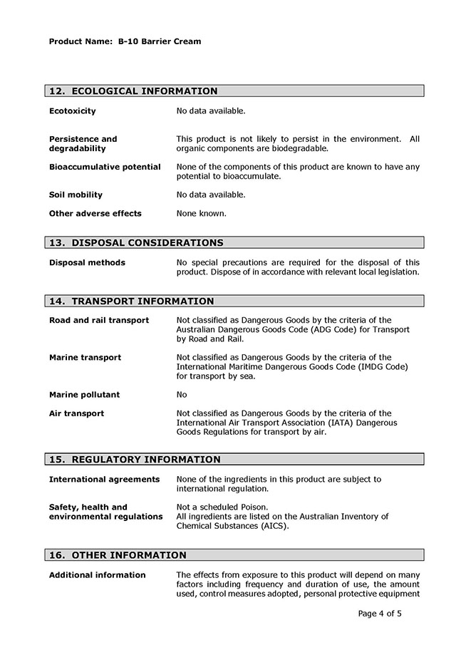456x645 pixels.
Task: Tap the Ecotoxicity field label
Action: point(72,111)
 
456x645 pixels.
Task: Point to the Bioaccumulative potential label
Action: point(105,167)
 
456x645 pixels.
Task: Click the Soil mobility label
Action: point(76,195)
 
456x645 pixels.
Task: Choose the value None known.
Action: point(201,213)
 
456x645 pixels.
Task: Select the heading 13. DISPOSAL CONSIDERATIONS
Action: point(136,243)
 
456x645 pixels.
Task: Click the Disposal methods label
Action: point(87,263)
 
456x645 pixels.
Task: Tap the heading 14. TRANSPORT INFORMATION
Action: point(131,301)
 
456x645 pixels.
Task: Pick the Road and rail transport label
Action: point(99,321)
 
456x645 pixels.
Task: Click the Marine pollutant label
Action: point(84,395)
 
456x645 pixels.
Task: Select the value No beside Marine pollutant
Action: point(182,395)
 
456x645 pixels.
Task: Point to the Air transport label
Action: point(76,413)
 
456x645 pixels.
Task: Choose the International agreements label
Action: point(104,480)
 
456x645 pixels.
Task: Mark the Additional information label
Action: point(97,575)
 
